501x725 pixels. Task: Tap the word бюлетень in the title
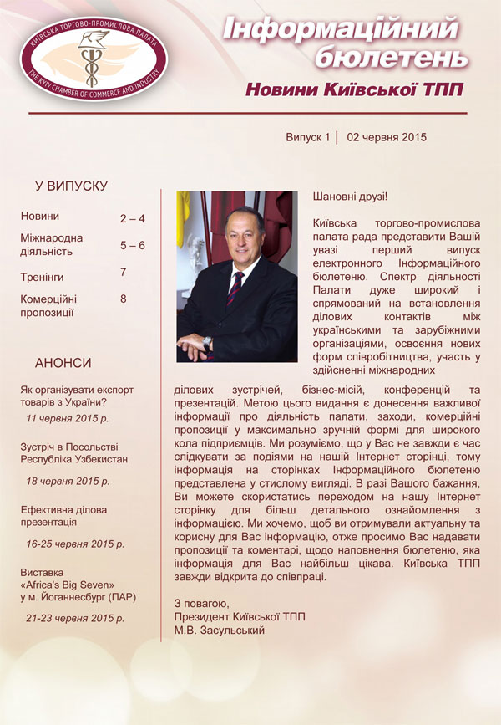(x=388, y=59)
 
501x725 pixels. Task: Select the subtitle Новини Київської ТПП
(x=352, y=89)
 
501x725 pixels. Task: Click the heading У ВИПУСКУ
(x=71, y=186)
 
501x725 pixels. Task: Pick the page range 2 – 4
(x=132, y=219)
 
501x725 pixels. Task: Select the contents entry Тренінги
(x=43, y=276)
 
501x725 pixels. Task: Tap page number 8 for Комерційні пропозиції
(x=124, y=298)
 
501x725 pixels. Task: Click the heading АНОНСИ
(x=63, y=363)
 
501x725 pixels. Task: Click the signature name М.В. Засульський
(x=219, y=630)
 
